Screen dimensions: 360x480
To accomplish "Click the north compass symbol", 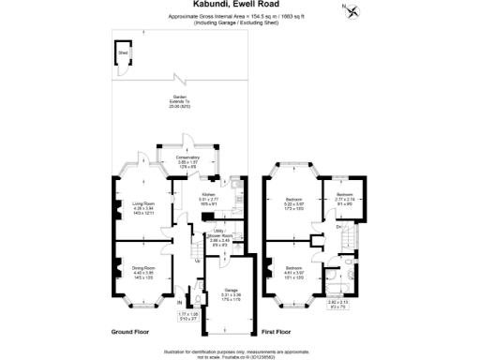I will [351, 11].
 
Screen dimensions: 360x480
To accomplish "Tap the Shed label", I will [122, 53].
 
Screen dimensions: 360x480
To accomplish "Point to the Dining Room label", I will [143, 273].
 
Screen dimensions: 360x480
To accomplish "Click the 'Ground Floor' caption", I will [131, 332].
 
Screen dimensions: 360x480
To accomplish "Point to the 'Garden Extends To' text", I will [178, 100].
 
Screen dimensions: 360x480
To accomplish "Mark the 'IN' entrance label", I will [178, 303].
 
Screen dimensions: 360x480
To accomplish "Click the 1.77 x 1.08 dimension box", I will [188, 316].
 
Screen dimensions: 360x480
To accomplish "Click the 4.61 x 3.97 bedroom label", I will [293, 271].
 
